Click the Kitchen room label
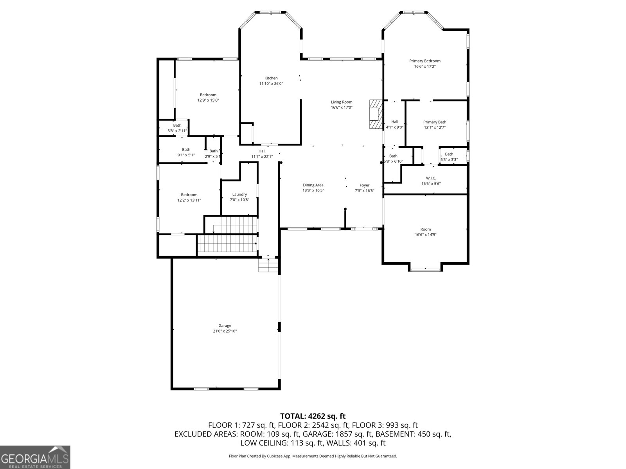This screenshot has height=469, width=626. (x=271, y=78)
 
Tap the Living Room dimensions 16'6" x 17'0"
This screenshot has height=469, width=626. (x=342, y=107)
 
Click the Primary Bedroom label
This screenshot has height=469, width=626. (x=425, y=61)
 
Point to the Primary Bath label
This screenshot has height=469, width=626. (x=434, y=122)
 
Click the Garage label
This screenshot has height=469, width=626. (x=225, y=326)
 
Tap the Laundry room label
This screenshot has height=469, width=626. (x=239, y=195)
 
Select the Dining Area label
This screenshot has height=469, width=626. (x=313, y=185)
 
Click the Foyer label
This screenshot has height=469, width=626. (x=364, y=186)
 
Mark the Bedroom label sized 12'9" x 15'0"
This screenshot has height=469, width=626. (x=208, y=95)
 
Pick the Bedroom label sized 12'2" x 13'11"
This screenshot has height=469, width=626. (x=189, y=195)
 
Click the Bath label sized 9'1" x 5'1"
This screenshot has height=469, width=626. (x=186, y=150)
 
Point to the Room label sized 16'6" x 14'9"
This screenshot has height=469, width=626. (x=425, y=229)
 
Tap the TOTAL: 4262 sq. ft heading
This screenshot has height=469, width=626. (x=313, y=416)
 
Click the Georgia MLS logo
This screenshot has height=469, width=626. (x=35, y=457)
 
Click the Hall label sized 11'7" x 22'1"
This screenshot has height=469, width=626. (x=262, y=151)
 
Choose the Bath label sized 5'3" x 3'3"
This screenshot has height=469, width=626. (x=449, y=154)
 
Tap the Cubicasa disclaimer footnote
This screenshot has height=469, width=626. (x=313, y=456)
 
